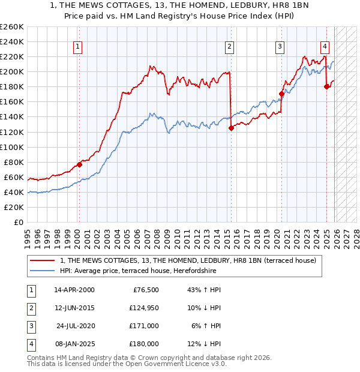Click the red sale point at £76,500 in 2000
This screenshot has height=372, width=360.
click(79, 165)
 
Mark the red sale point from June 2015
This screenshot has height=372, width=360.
click(231, 128)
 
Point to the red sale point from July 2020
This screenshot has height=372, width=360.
click(281, 94)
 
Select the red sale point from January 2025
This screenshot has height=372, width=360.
click(326, 86)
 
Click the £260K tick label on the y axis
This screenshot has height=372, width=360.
click(11, 27)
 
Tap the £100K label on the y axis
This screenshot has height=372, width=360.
click(11, 147)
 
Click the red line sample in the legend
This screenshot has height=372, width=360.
click(43, 260)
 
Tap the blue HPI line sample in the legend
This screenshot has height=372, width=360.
click(43, 271)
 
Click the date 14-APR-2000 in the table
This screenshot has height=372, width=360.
click(74, 290)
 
